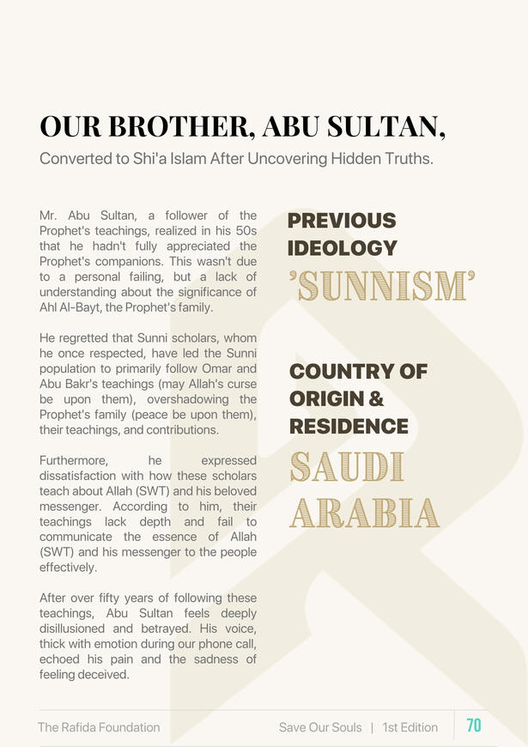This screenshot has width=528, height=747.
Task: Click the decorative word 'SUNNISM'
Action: tap(382, 287)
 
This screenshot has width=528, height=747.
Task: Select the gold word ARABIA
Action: tap(364, 513)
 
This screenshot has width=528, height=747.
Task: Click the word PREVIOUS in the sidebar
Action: tap(342, 222)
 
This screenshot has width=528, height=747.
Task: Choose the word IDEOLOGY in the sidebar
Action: tap(343, 249)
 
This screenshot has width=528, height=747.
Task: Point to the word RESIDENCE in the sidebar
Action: tap(349, 427)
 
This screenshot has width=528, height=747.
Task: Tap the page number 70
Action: tap(474, 726)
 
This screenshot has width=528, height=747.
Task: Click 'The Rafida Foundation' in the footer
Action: tap(99, 727)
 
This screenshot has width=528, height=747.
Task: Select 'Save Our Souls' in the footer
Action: tap(320, 727)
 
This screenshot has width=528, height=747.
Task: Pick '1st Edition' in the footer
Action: tap(410, 727)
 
